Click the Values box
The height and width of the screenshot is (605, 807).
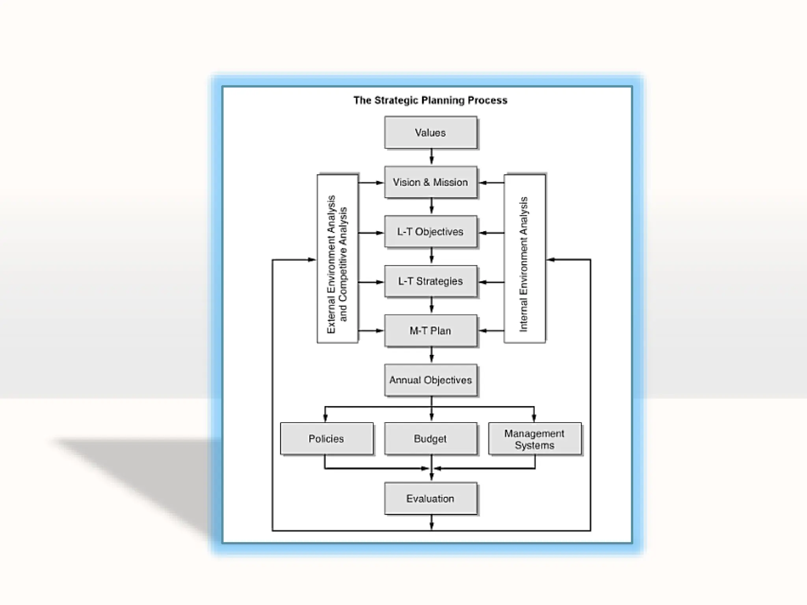(x=430, y=132)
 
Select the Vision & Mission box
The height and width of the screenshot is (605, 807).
(x=430, y=182)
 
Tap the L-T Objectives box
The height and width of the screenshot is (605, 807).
(x=430, y=232)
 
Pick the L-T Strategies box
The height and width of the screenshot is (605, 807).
(x=430, y=281)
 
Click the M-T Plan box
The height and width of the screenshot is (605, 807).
(x=430, y=330)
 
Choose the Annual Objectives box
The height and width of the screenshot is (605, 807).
(x=430, y=380)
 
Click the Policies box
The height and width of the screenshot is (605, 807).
(x=326, y=439)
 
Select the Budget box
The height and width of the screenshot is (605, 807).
(x=430, y=439)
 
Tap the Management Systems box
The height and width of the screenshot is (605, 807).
(x=534, y=439)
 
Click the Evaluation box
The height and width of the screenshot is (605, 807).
(x=430, y=499)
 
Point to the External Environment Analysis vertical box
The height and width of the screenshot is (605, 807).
(x=337, y=259)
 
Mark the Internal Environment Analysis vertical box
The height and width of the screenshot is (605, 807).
(x=524, y=259)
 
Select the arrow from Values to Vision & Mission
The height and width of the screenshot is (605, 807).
(x=431, y=157)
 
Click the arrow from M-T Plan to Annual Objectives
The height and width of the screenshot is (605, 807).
(x=431, y=355)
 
